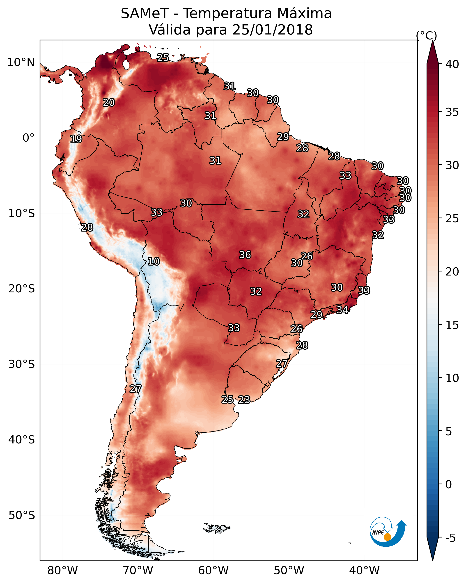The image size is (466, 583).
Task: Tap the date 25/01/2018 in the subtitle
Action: pyautogui.click(x=272, y=30)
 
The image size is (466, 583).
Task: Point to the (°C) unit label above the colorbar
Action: pyautogui.click(x=427, y=35)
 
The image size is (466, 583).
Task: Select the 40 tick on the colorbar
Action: pyautogui.click(x=452, y=64)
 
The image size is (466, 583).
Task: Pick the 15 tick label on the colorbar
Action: pyautogui.click(x=452, y=325)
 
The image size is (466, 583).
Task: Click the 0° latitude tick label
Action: pyautogui.click(x=29, y=138)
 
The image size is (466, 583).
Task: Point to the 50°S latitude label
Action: pyautogui.click(x=22, y=515)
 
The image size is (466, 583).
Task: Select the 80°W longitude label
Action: pyautogui.click(x=62, y=571)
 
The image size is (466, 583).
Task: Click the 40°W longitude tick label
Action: pyautogui.click(x=364, y=571)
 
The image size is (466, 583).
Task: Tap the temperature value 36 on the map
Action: pyautogui.click(x=245, y=255)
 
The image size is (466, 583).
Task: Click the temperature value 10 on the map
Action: pyautogui.click(x=154, y=261)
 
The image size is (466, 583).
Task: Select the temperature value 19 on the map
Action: pyautogui.click(x=76, y=139)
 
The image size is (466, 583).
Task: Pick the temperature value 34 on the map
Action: pyautogui.click(x=342, y=310)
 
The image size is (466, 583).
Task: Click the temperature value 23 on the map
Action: pyautogui.click(x=244, y=400)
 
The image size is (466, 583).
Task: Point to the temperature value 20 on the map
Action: pyautogui.click(x=109, y=103)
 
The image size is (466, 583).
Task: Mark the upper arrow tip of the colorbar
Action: pyautogui.click(x=432, y=41)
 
